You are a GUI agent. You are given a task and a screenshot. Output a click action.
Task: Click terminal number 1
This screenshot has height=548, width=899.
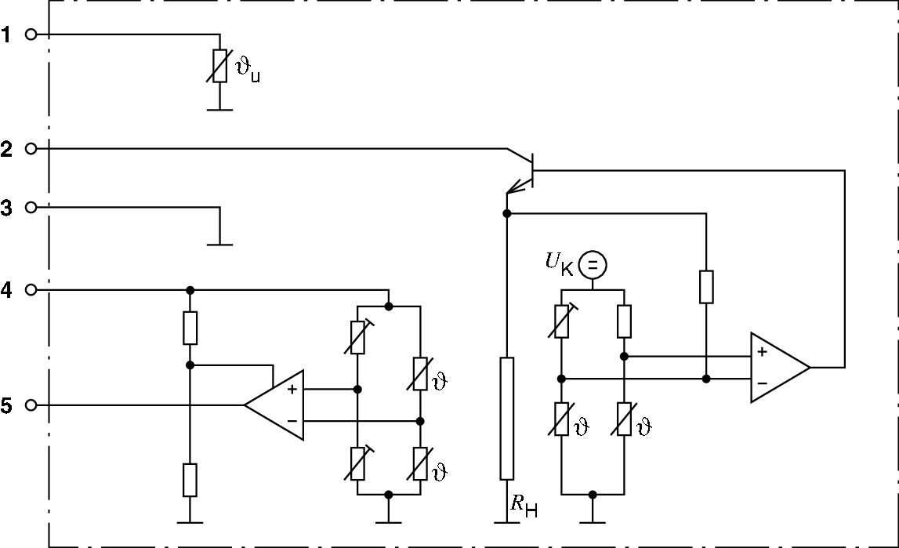(7, 34)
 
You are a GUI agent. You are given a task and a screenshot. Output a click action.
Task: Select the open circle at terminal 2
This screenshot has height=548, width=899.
(31, 148)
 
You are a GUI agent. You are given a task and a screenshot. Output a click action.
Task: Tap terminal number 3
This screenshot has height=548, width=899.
(7, 208)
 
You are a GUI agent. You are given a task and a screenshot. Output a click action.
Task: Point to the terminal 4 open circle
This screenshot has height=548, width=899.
(31, 290)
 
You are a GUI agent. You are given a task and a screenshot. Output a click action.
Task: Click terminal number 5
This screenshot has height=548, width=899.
(7, 406)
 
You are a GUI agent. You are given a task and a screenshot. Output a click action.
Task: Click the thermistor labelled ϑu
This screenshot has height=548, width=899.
(220, 66)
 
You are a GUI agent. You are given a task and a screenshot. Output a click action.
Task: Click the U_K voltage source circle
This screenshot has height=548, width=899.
(593, 266)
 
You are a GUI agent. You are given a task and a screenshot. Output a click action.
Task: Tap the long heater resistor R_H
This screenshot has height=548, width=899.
(507, 418)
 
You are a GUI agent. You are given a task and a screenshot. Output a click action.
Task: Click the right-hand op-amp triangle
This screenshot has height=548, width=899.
(778, 368)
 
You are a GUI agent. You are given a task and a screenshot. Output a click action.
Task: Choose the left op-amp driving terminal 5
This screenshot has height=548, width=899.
(275, 405)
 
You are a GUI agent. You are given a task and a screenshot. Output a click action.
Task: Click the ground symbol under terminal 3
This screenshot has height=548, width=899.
(220, 244)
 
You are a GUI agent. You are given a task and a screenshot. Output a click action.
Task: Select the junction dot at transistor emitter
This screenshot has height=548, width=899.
(507, 213)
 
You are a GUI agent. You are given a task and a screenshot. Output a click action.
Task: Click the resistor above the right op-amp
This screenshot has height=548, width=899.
(706, 287)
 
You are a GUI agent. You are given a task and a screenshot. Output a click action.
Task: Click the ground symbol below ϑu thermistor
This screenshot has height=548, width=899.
(220, 109)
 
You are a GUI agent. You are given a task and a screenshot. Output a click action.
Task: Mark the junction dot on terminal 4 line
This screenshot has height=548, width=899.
(190, 290)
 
